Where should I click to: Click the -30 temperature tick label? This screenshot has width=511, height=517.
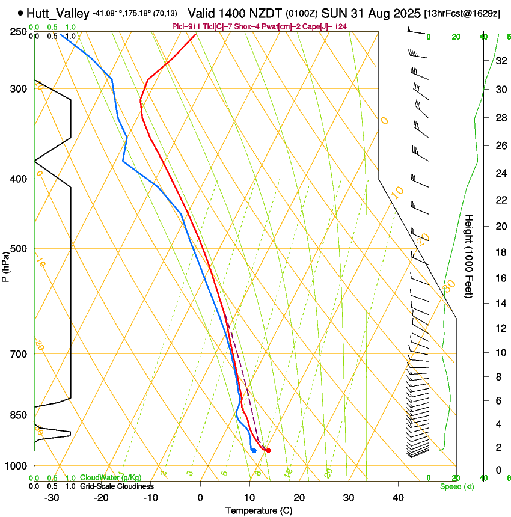52,498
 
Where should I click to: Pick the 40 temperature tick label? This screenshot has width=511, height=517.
398,498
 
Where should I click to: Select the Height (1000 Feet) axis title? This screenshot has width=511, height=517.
470,255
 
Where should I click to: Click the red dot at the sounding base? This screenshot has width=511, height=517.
268,450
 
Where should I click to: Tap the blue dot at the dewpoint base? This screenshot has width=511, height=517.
254,450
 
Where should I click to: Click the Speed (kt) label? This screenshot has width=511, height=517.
456,486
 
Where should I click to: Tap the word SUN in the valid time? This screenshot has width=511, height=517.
332,13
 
